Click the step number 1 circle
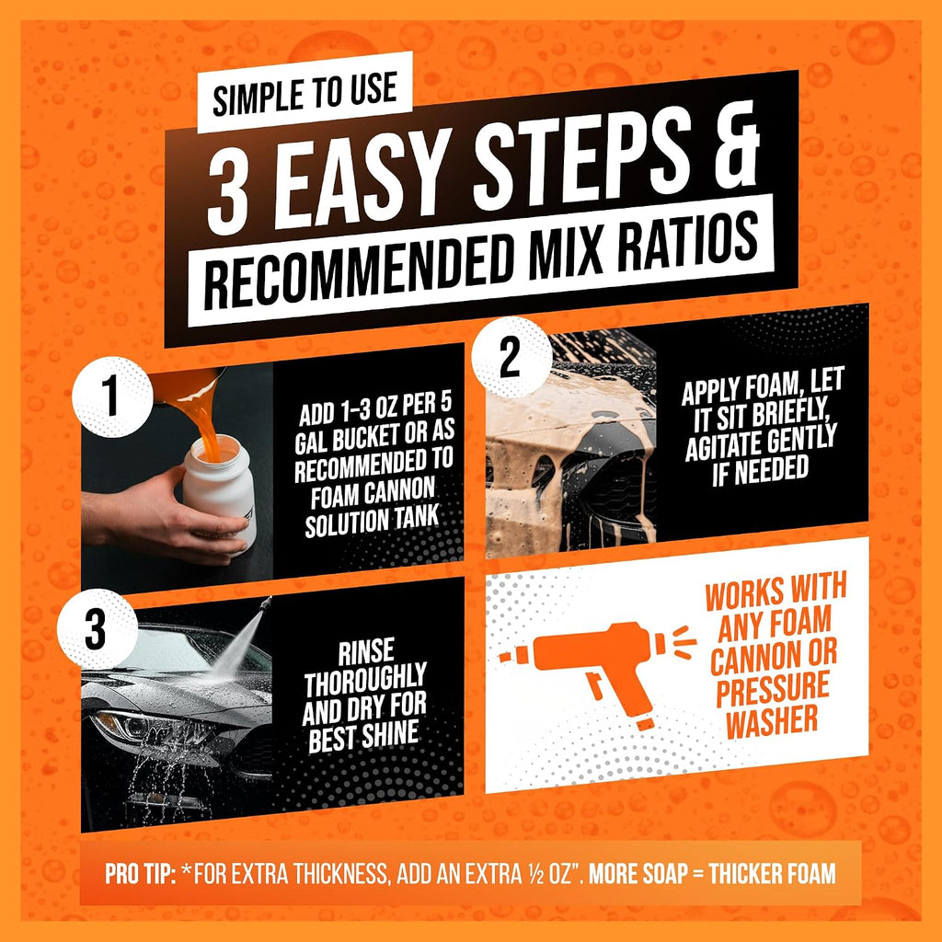112,396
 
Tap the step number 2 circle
511,358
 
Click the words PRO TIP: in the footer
141,874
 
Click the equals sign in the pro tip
697,874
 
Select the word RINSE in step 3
366,651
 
